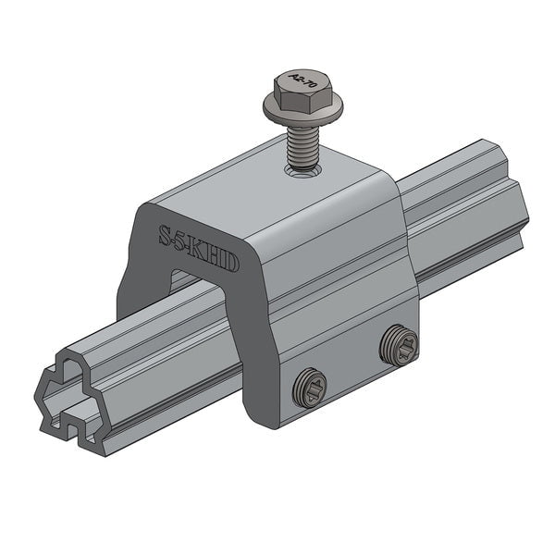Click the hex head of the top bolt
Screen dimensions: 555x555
(x=302, y=92)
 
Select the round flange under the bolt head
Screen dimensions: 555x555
(x=302, y=113)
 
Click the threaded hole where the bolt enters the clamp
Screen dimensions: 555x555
(x=302, y=169)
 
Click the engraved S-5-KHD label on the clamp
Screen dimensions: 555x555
(x=198, y=249)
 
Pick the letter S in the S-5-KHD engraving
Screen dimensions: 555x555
(x=165, y=235)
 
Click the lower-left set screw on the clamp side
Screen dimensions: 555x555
(x=310, y=388)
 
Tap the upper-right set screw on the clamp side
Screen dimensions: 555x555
(x=399, y=346)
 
